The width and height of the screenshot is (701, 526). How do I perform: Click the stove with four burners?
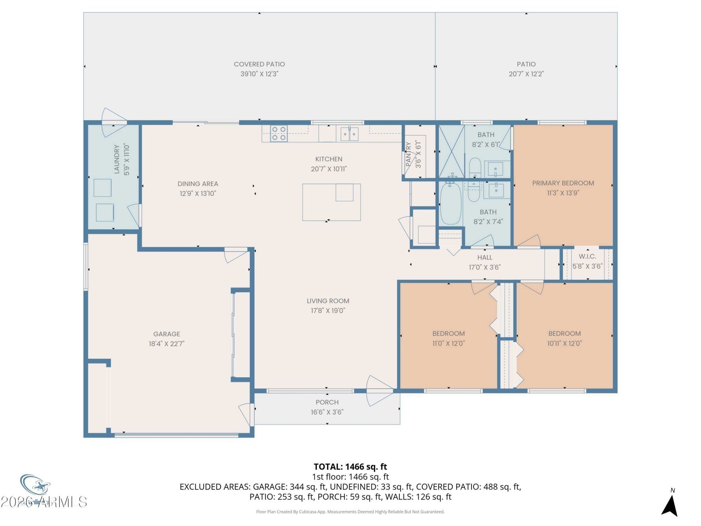[x=279, y=133]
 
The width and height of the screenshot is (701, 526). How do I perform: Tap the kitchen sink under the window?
[x=349, y=134]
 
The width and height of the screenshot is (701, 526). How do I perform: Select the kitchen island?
[x=332, y=202]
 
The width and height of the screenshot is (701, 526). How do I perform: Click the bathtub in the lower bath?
[x=451, y=204]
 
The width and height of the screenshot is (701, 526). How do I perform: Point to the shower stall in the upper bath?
[x=451, y=151]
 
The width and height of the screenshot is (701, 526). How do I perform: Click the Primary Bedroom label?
[x=563, y=183]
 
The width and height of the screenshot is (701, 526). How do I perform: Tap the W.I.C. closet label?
[x=587, y=256]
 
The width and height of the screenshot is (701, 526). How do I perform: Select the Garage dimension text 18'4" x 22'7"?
[x=166, y=343]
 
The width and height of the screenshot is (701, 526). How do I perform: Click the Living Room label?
[x=328, y=301]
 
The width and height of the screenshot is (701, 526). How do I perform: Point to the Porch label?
[x=327, y=402]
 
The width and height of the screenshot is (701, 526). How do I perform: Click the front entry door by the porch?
[x=380, y=391]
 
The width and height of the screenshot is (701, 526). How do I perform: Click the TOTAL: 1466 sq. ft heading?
[x=350, y=466]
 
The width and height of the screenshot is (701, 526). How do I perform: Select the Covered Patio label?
[x=259, y=64]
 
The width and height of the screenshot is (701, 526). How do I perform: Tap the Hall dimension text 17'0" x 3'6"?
[x=484, y=267]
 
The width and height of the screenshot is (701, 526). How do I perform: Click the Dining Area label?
[x=198, y=184]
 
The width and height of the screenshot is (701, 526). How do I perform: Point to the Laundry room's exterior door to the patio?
[x=114, y=122]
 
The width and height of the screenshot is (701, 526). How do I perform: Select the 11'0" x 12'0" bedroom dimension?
[x=448, y=343]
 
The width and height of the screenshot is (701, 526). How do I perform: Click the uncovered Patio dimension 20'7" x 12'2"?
[x=526, y=74]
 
